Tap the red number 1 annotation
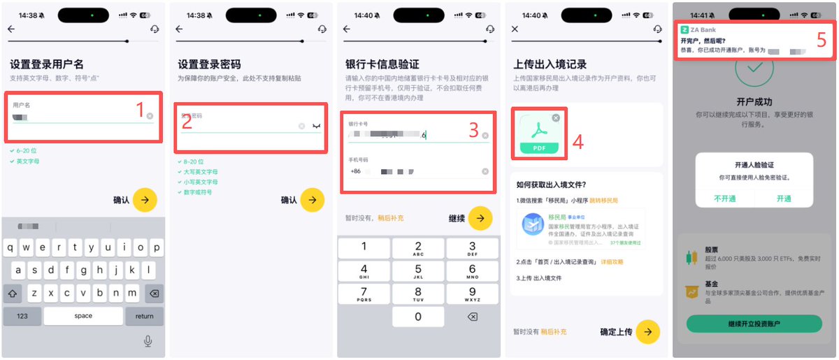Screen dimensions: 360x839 point(140,110)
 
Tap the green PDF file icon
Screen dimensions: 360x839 point(539,134)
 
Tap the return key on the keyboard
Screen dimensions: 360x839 point(145,316)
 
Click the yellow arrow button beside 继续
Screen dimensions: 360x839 point(480,218)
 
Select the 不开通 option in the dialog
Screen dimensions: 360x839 point(725,198)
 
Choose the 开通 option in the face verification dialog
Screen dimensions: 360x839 point(783,198)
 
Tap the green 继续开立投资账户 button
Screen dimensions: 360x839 point(754,324)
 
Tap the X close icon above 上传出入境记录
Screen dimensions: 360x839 point(515,29)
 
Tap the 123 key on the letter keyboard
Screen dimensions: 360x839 point(22,316)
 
